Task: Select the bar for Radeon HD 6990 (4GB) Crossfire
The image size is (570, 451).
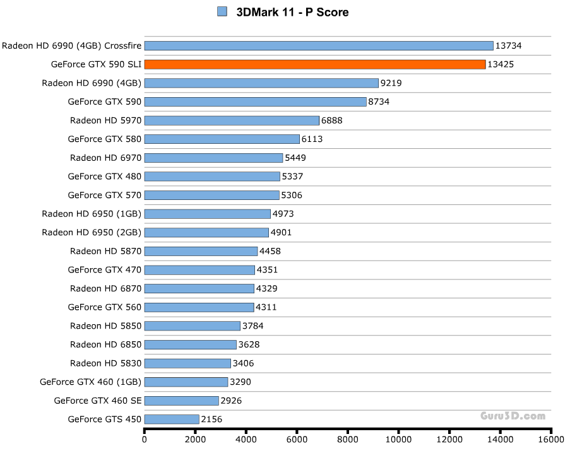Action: [x=319, y=45]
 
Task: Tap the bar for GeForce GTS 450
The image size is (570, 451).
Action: [x=172, y=419]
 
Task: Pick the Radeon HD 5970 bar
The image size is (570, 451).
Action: [x=232, y=120]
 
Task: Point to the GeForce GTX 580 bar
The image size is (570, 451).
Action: [x=222, y=139]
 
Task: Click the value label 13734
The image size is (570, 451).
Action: [x=508, y=45]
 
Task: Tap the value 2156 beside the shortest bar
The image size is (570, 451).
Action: [x=211, y=419]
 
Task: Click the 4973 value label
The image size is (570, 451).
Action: [x=283, y=214]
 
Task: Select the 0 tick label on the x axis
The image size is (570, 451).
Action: [x=145, y=440]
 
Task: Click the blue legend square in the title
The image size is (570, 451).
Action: [x=222, y=11]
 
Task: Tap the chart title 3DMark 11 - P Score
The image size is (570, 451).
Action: [x=292, y=12]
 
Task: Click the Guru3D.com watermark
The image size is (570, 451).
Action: [x=512, y=416]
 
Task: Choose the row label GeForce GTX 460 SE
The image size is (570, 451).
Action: [x=98, y=400]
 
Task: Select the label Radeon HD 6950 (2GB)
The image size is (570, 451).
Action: [x=92, y=232]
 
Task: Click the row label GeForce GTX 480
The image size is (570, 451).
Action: [x=105, y=176]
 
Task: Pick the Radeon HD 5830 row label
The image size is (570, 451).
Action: [x=106, y=363]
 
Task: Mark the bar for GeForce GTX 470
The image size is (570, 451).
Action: [x=199, y=270]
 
